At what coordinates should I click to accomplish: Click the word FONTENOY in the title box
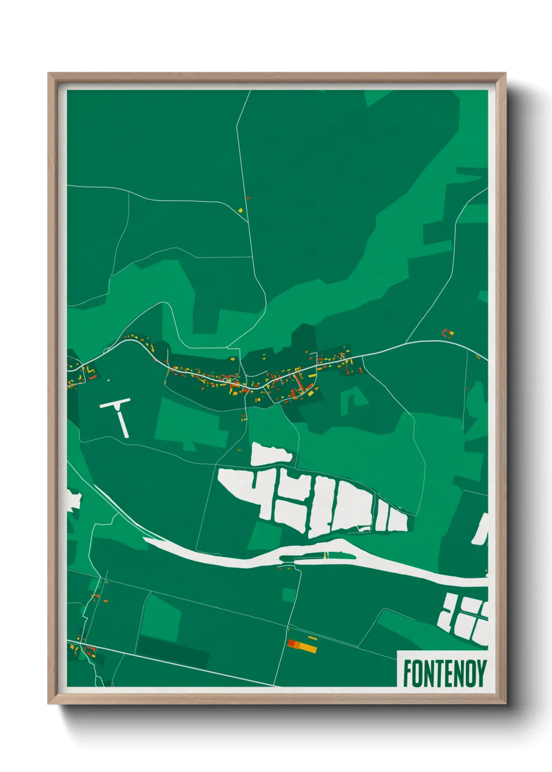[445, 673]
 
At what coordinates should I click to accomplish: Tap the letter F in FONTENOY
[407, 673]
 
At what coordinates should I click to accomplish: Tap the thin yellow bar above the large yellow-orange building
[313, 637]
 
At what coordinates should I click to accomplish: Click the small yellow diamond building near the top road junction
[241, 210]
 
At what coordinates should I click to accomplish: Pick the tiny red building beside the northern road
[248, 198]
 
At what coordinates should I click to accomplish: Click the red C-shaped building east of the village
[447, 332]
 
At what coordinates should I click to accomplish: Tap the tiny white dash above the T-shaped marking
[108, 380]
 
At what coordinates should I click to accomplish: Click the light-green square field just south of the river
[289, 595]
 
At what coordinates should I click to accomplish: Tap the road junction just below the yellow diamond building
[248, 221]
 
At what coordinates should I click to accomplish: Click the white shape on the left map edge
[74, 500]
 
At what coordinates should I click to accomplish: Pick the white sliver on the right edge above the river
[481, 529]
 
